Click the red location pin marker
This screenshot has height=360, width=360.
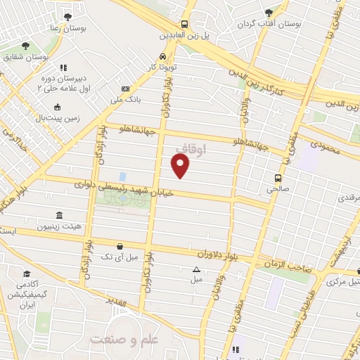coord(181,165)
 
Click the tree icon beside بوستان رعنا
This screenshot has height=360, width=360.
coord(67,16)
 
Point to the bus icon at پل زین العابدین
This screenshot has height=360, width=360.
coord(184,22)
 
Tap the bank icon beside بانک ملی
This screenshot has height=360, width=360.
coord(125,89)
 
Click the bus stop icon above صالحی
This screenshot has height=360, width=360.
coord(278,178)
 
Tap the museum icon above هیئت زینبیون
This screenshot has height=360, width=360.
coord(58,215)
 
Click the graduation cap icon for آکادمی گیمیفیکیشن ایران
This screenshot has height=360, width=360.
coord(27,274)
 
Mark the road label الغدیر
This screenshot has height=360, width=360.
coord(113,304)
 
